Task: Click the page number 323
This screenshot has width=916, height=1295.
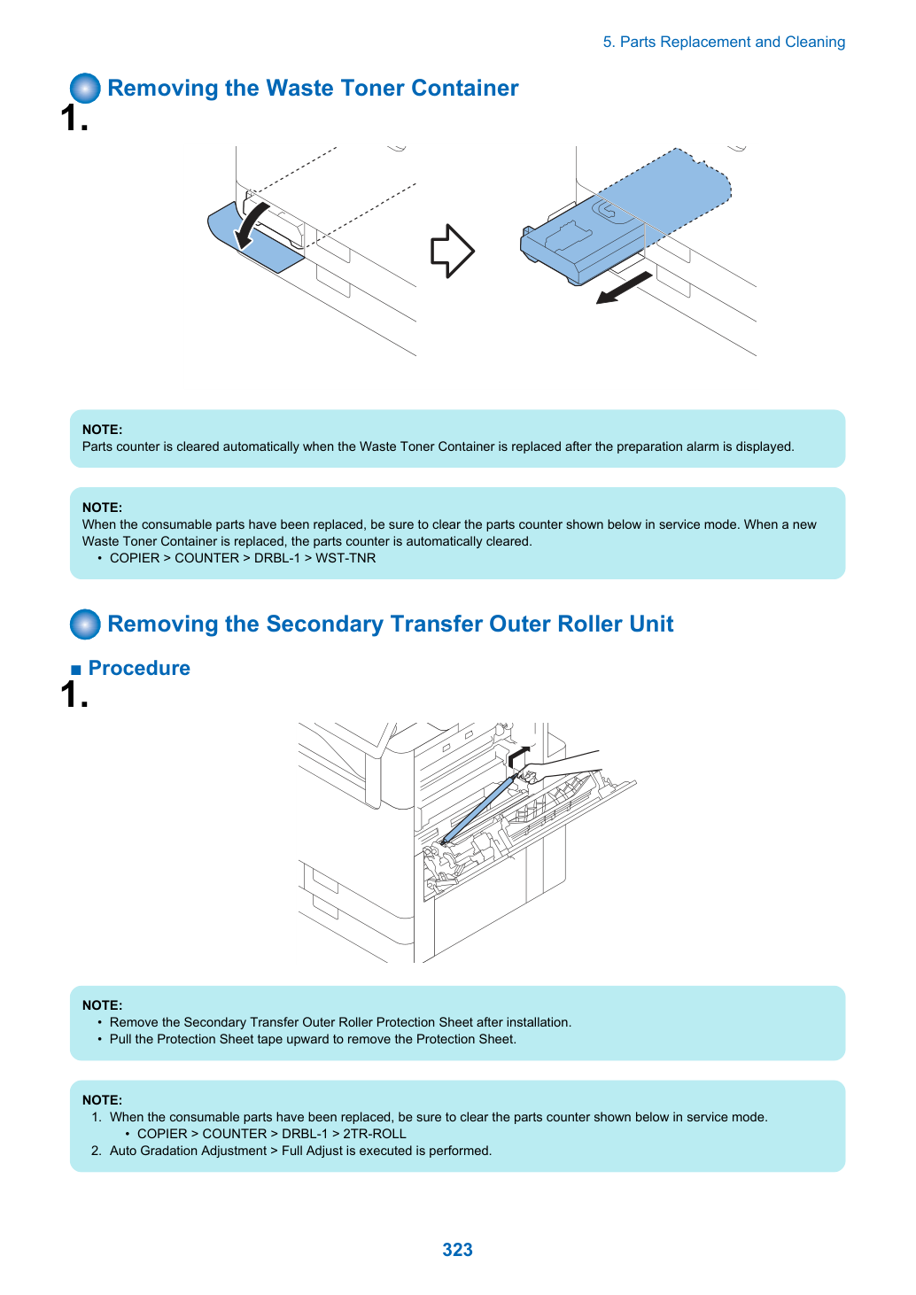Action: click(457, 1249)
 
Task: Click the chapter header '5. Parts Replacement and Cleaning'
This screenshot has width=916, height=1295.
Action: click(724, 42)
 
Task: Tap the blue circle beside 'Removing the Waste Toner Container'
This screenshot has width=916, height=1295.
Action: click(85, 88)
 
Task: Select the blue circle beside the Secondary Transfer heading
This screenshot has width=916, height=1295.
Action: click(85, 624)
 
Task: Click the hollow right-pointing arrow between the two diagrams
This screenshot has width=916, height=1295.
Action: click(452, 251)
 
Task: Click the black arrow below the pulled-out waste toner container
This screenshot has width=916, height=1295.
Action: click(624, 288)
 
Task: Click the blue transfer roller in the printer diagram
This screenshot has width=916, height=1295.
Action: click(477, 810)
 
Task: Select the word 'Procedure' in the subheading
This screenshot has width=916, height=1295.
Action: click(139, 668)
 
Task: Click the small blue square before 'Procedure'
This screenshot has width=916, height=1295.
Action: click(76, 670)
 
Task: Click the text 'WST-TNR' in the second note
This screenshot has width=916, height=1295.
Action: click(345, 558)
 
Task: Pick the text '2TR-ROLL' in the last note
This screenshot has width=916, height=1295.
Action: click(374, 1134)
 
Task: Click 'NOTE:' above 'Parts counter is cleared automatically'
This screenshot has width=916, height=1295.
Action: click(103, 430)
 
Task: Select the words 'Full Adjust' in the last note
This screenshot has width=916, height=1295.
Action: click(312, 1151)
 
